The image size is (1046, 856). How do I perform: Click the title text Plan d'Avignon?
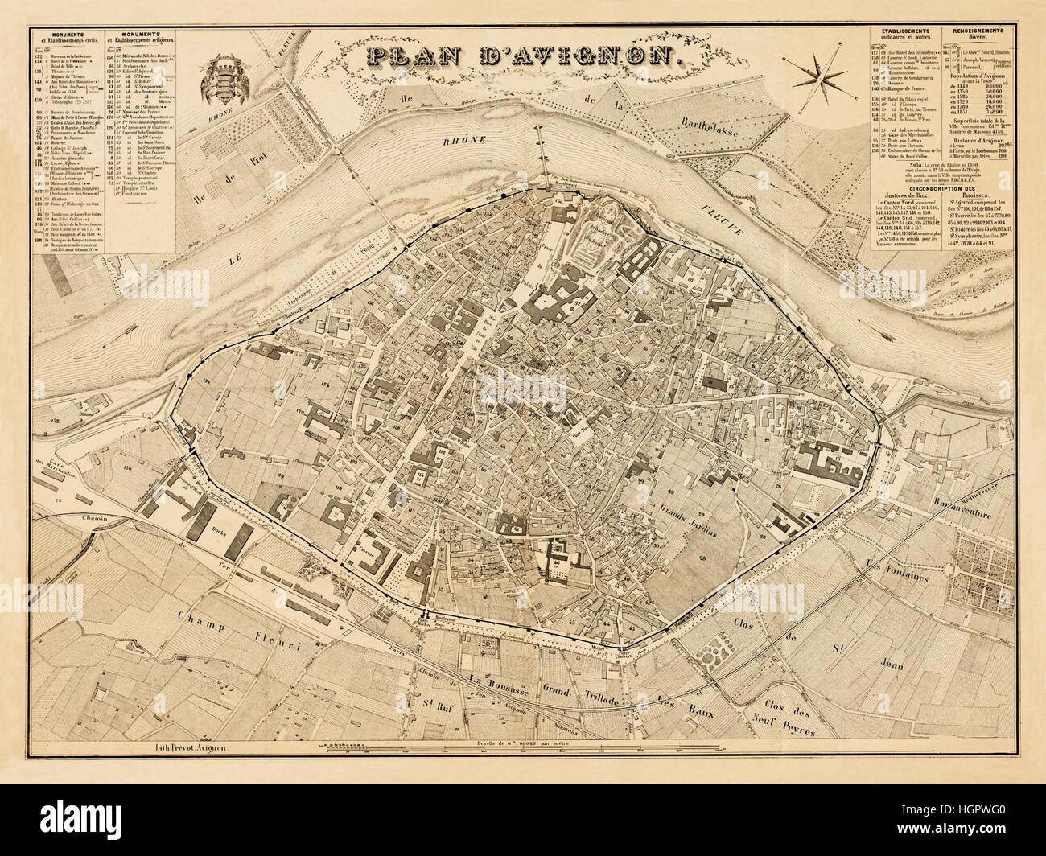pyautogui.click(x=519, y=56)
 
